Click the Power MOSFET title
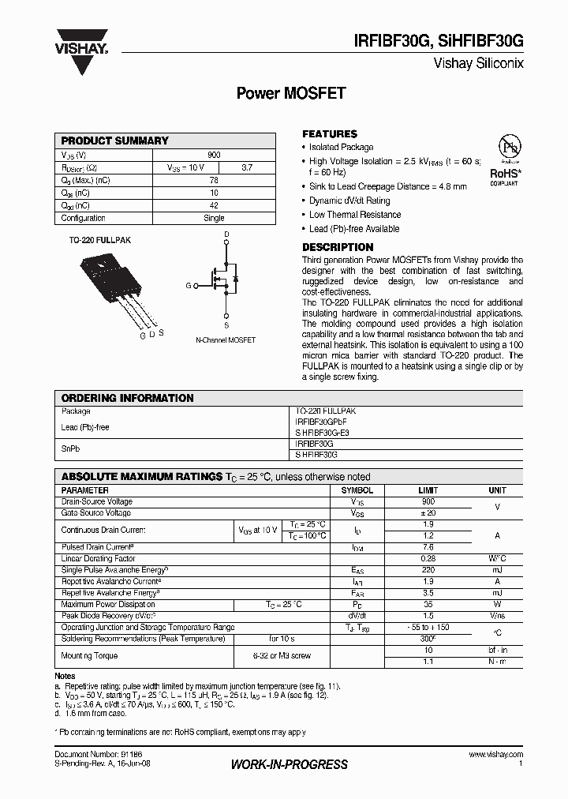coord(291,93)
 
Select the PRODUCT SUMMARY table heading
coord(115,141)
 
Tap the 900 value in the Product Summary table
coord(214,155)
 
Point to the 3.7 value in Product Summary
coord(247,167)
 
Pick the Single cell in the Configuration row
coord(214,218)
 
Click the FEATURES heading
coord(330,134)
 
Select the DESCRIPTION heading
coord(338,247)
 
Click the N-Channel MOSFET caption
coord(226,339)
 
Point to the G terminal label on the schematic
coord(189,285)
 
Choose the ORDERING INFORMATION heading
coord(127,398)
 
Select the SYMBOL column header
coord(357,490)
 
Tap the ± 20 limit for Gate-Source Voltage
coord(428,512)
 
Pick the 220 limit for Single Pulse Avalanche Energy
coord(428,569)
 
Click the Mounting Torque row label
coord(89,655)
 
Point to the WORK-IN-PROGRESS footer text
coord(289,764)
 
